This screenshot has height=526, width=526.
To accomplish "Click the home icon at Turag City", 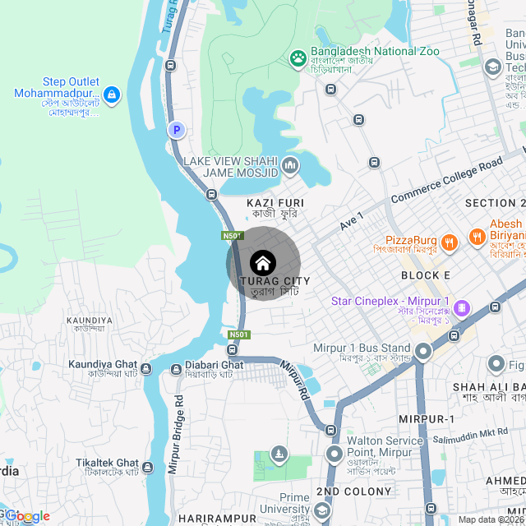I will [x=263, y=263].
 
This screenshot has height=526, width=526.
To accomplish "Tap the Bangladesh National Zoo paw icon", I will [x=298, y=58].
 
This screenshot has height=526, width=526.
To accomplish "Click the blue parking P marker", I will [x=176, y=130].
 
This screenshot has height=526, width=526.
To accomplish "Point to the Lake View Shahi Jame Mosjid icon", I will [x=289, y=168].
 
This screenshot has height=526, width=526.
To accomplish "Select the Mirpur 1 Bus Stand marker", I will [x=423, y=352].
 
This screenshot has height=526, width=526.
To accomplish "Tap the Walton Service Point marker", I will [x=334, y=454].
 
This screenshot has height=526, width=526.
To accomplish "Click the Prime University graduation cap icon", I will [x=322, y=511].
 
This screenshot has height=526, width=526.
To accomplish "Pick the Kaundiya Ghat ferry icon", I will [x=146, y=368].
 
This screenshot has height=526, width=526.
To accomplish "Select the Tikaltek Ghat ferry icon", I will [x=148, y=468].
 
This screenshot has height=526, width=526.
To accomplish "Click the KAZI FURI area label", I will [x=275, y=202].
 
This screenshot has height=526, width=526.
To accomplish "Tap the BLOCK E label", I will [x=426, y=275].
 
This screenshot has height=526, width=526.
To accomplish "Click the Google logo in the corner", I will [x=26, y=516].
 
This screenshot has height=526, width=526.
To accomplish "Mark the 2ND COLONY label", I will [x=353, y=491].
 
